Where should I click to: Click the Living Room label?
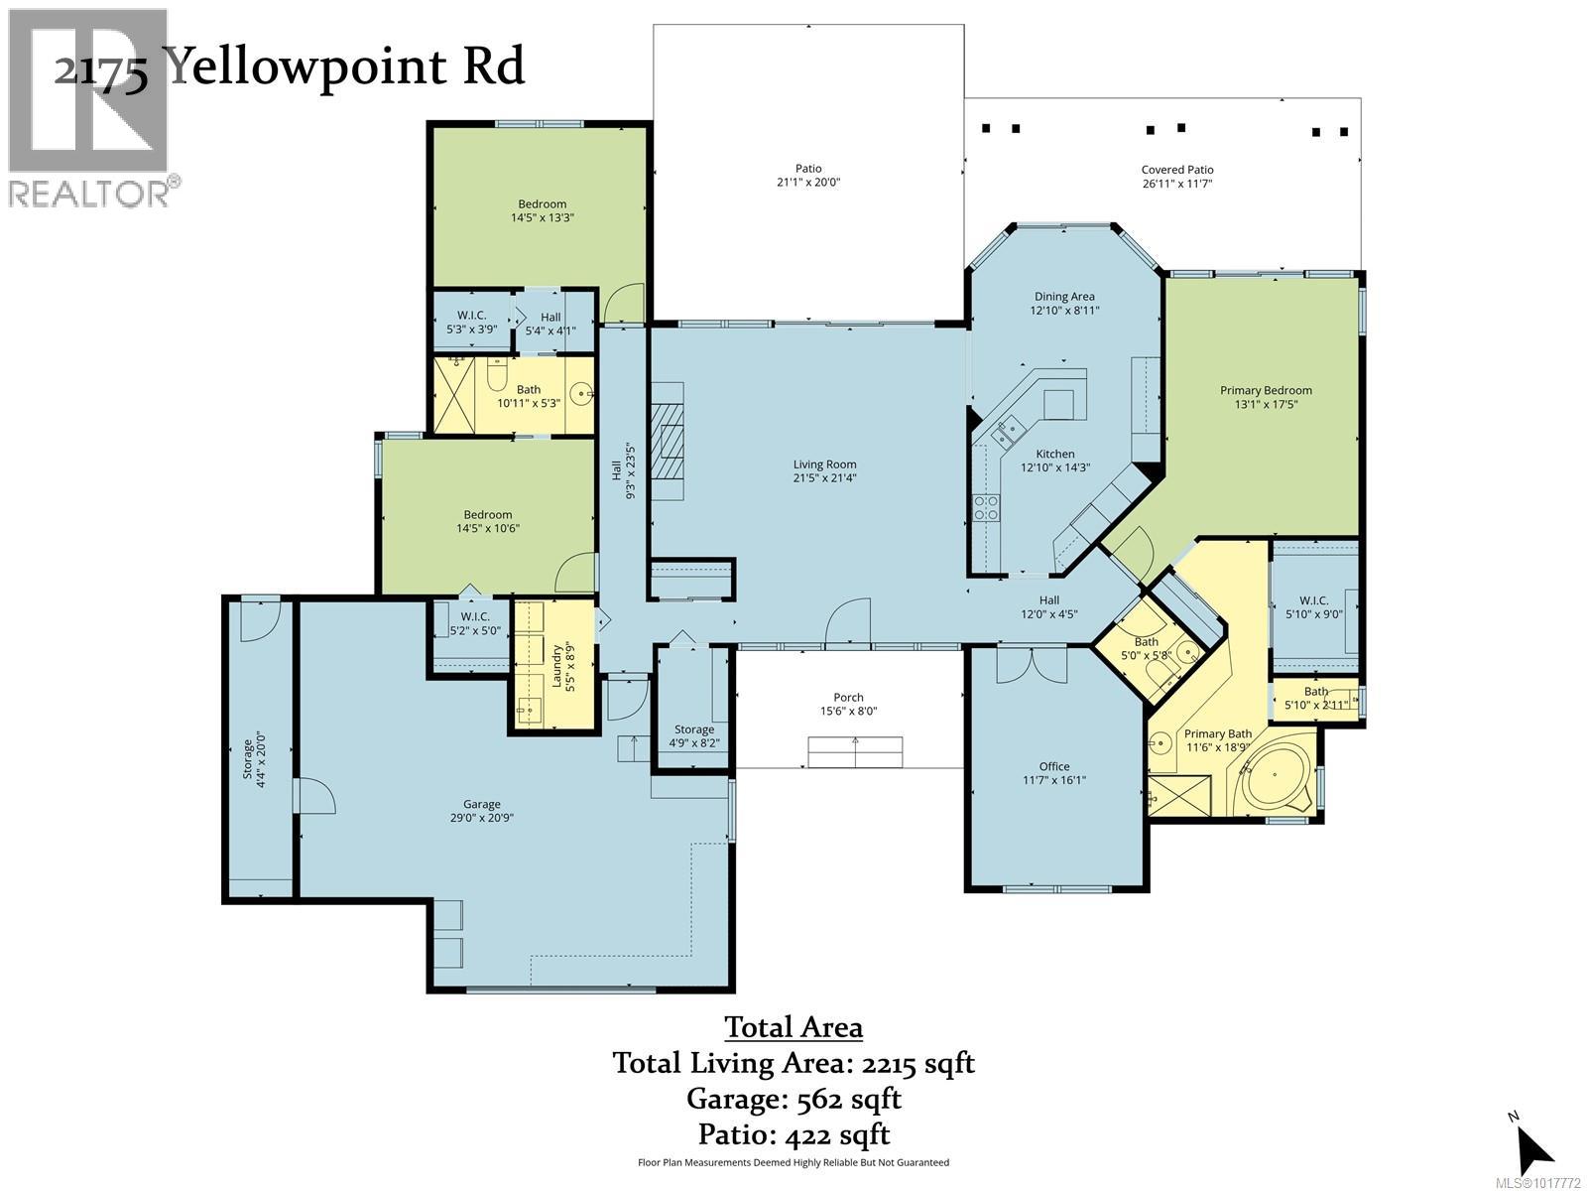point(824,464)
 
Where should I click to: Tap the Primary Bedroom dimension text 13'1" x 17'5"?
point(1266,405)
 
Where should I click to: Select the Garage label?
point(482,804)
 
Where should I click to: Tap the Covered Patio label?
point(1176,170)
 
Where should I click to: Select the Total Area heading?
point(793,1026)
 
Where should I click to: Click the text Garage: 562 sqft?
point(793,1099)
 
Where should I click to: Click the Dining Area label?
point(1064,296)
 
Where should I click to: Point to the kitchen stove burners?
point(986,507)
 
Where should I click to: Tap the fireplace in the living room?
point(667,441)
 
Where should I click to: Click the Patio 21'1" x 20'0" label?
point(807,176)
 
